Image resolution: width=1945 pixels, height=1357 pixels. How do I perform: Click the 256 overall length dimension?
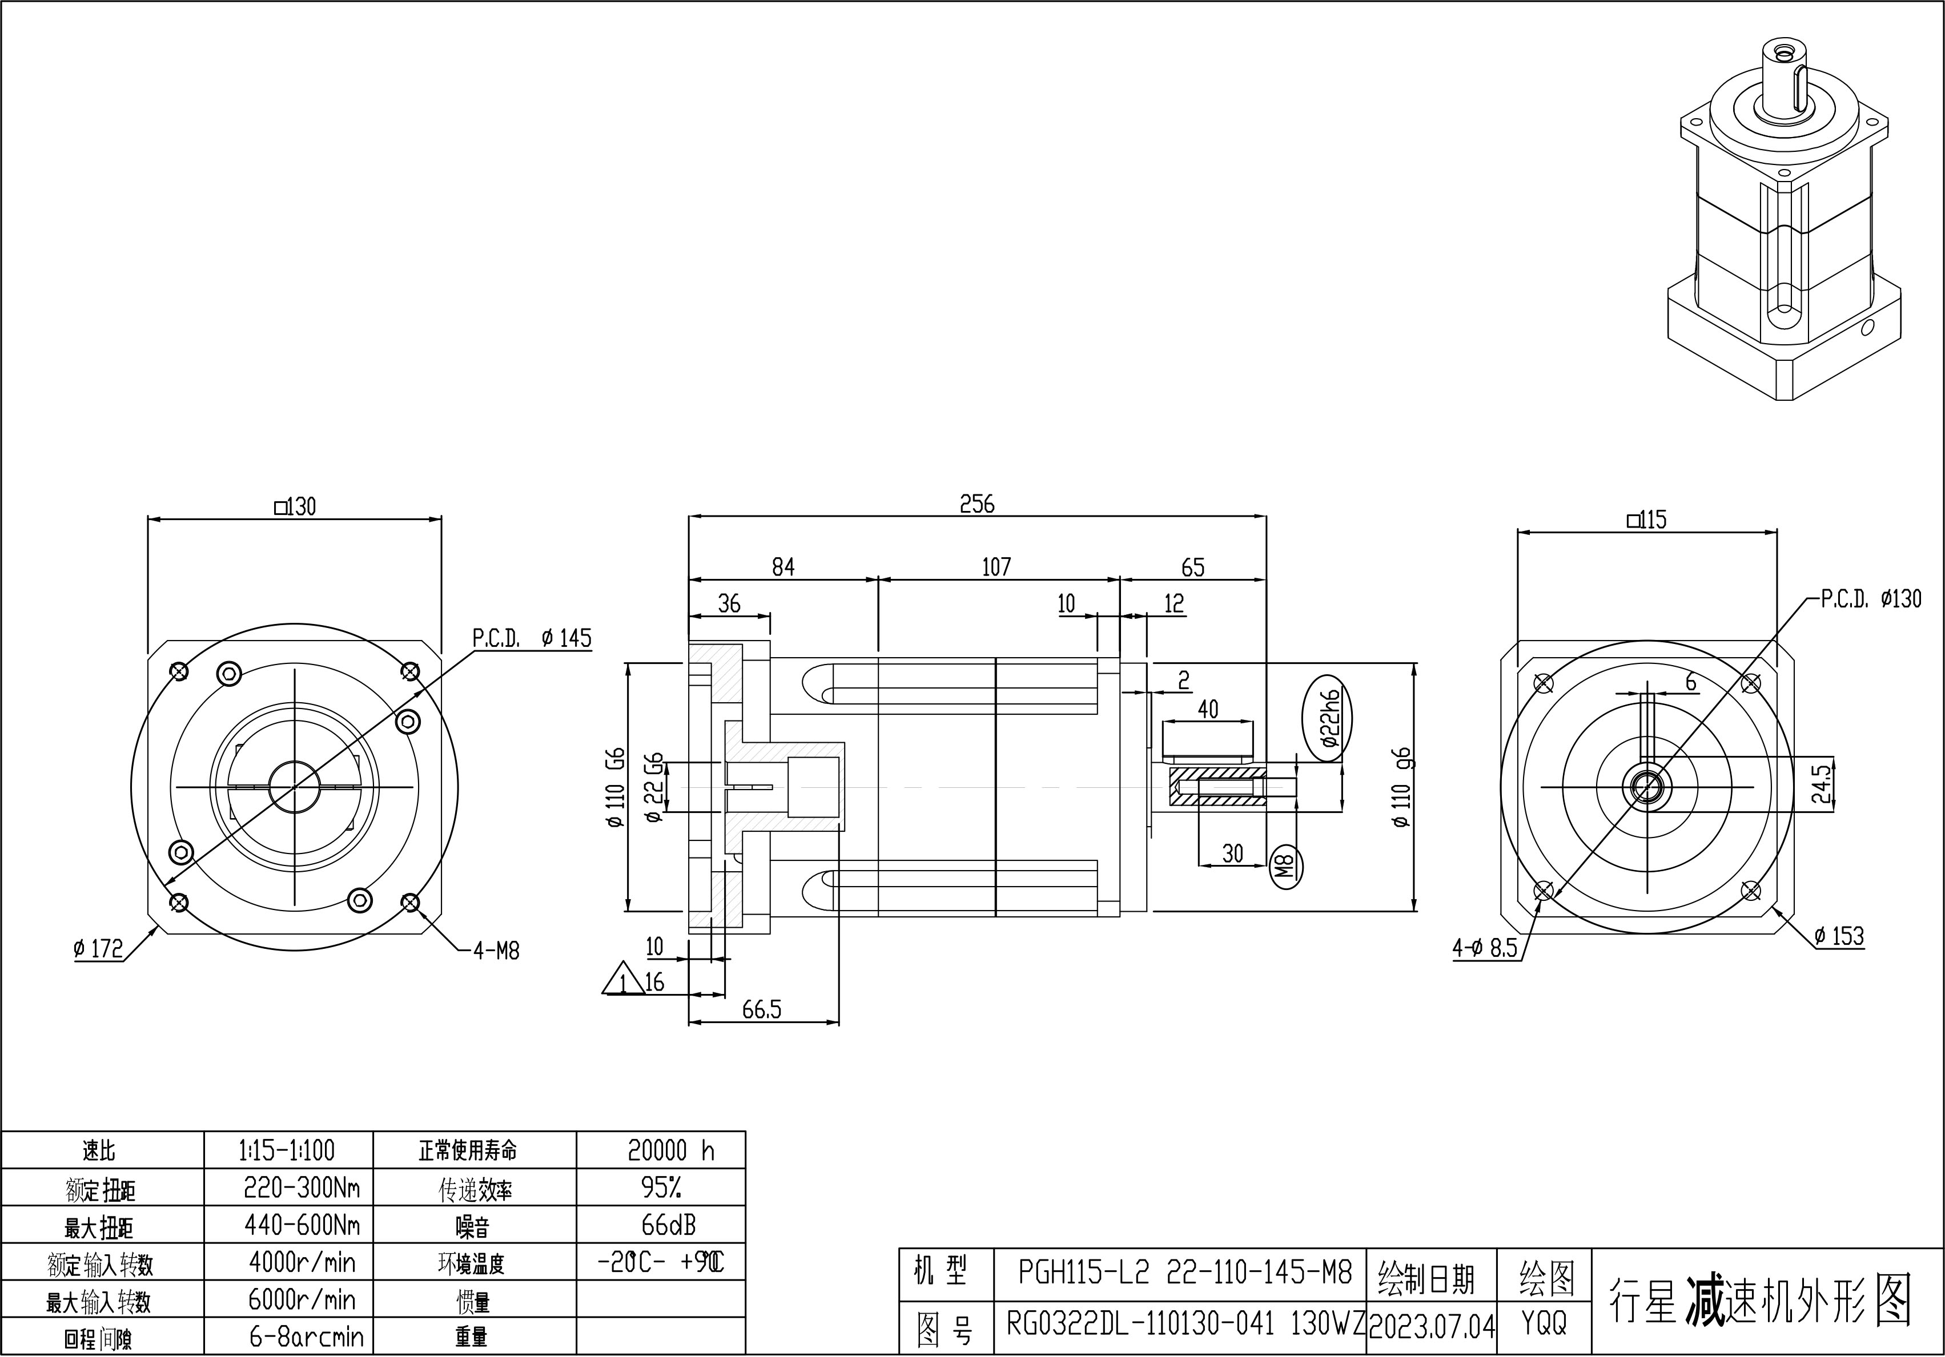(976, 504)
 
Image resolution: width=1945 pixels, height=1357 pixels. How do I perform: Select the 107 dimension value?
(996, 567)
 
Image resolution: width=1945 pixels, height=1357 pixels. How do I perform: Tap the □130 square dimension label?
(295, 506)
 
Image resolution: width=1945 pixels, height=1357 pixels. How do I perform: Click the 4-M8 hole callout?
(496, 951)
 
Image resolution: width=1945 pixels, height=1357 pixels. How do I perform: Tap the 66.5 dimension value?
(762, 1010)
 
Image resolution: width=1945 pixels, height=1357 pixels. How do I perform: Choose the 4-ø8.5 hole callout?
(1485, 948)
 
